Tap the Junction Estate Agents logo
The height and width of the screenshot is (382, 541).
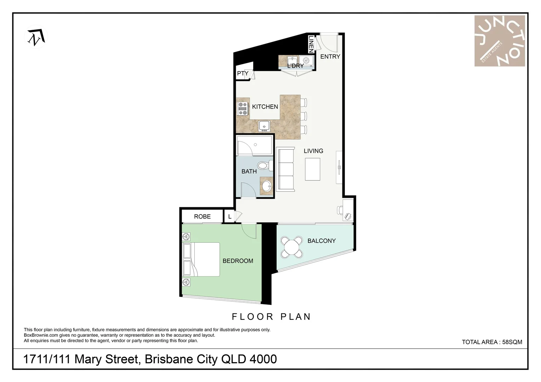tap(499, 41)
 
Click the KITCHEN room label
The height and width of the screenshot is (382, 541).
tap(265, 106)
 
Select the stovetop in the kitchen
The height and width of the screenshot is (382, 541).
tap(243, 109)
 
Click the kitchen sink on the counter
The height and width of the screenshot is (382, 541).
tap(264, 126)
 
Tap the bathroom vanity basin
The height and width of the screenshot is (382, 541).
tap(267, 186)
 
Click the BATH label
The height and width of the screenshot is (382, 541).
tap(249, 171)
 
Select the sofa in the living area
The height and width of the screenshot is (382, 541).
tap(285, 170)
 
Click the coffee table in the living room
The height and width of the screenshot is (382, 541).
tap(313, 169)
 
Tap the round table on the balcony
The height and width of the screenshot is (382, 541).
tap(292, 247)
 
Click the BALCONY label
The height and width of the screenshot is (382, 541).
tap(321, 241)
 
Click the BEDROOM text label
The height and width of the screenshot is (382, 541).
tap(238, 261)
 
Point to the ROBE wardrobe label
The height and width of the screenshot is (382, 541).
tap(202, 216)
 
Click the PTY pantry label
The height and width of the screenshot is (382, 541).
tap(243, 74)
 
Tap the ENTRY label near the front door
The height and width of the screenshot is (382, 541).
tap(330, 56)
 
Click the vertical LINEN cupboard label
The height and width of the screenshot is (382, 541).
tap(311, 45)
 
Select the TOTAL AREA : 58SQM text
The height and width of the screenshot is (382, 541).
tap(491, 342)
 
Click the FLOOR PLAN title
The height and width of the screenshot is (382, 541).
tap(271, 317)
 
